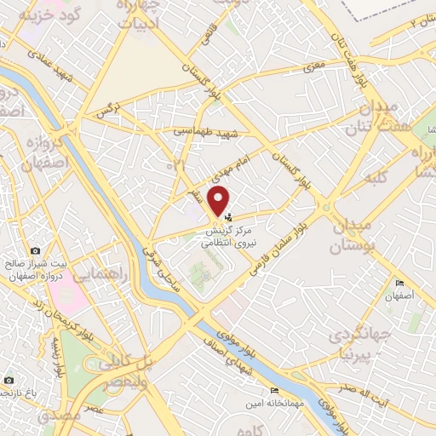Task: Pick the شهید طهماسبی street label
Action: pyautogui.click(x=209, y=133)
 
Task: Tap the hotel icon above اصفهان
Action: pyautogui.click(x=399, y=284)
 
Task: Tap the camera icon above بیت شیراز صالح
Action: pyautogui.click(x=35, y=250)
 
